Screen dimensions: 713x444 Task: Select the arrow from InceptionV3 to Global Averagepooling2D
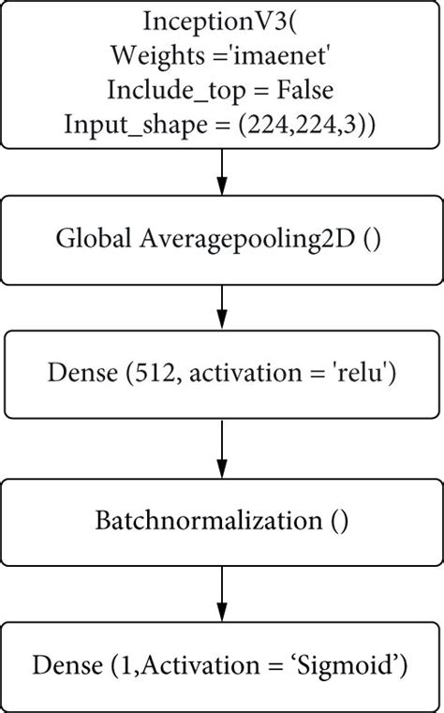pyautogui.click(x=222, y=171)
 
